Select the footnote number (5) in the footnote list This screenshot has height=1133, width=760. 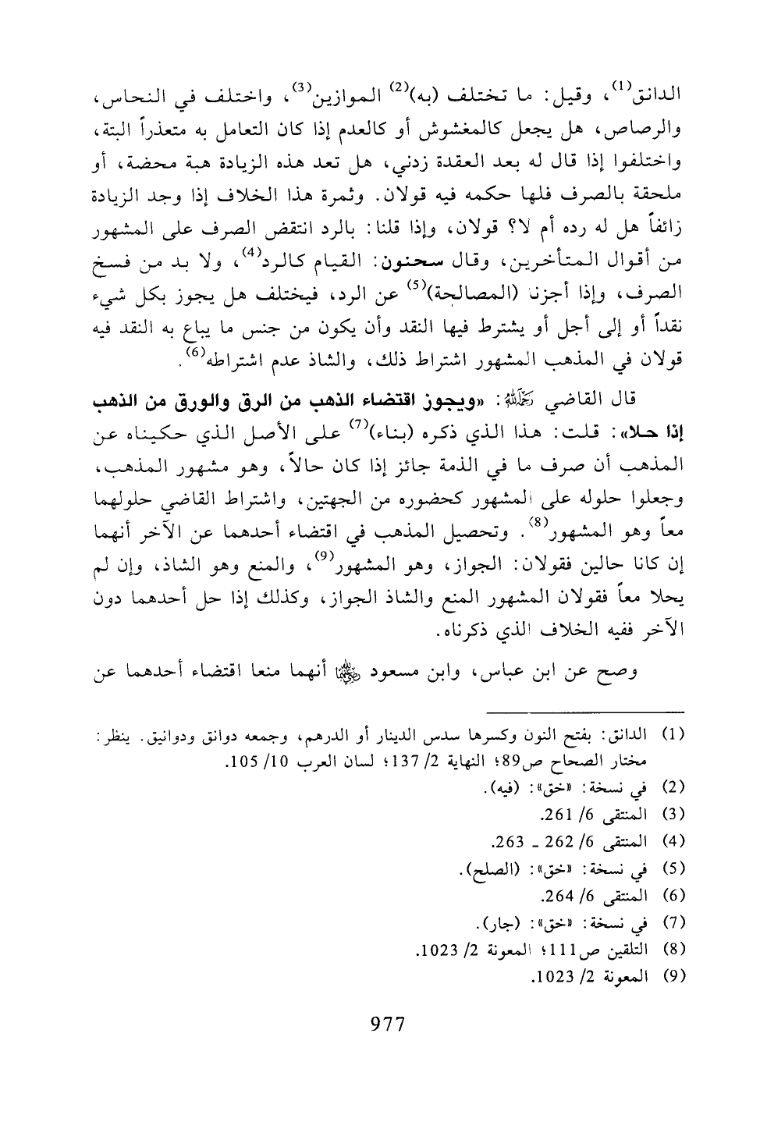[673, 868]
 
